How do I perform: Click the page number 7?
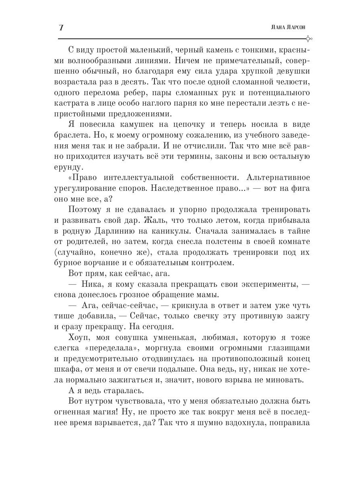61,28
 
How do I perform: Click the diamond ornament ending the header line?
308,38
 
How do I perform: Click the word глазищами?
282,348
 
